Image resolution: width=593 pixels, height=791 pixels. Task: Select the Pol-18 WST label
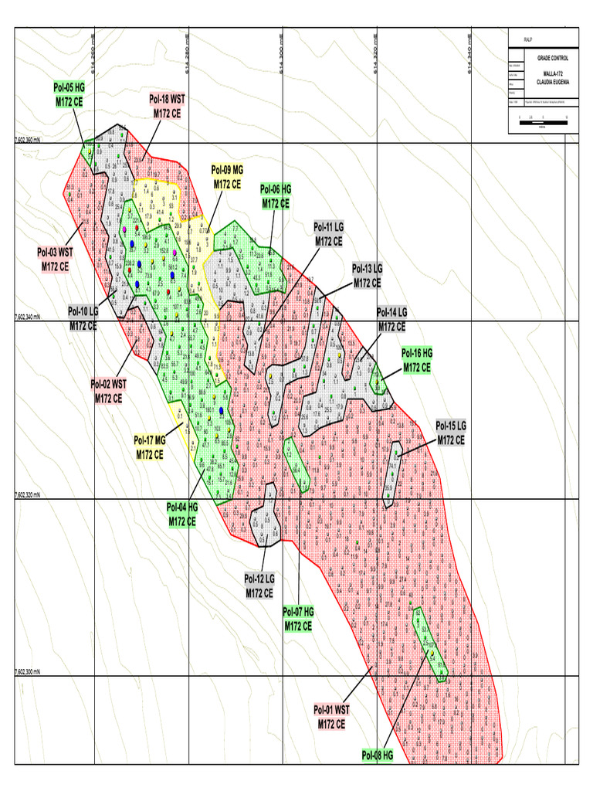point(167,106)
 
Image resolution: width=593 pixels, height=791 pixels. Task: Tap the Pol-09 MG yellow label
point(228,177)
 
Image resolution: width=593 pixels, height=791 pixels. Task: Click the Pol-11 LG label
point(328,234)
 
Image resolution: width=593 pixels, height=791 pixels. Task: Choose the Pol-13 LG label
point(367,276)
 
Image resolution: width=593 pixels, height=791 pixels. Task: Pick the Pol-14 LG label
point(391,320)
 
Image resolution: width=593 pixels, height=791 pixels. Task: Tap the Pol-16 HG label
point(417,361)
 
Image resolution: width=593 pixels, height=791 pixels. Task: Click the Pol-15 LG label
point(451,433)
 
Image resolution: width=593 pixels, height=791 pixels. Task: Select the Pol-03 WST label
point(55,259)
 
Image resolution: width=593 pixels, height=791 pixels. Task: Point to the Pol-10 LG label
point(83,318)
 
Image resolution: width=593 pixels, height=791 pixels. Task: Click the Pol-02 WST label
point(108,391)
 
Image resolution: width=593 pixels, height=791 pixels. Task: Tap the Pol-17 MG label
point(150,448)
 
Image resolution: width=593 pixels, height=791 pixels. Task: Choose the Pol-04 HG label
point(183,514)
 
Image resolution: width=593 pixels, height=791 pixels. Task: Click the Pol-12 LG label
point(259,586)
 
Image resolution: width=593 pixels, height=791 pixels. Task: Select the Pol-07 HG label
point(298,620)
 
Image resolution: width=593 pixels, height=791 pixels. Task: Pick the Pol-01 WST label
point(331,716)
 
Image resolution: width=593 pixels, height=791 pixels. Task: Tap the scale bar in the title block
point(543,118)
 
